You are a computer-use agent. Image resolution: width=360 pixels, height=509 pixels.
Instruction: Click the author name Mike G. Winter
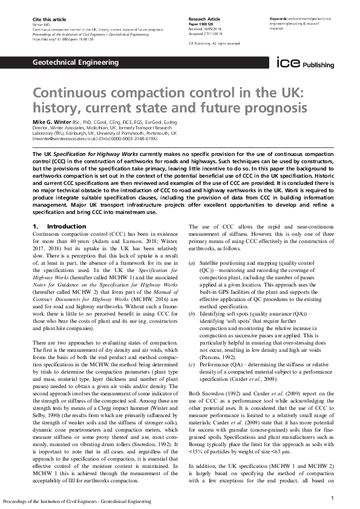click(x=55, y=122)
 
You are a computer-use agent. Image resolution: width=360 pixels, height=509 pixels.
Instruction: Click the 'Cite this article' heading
click(x=48, y=20)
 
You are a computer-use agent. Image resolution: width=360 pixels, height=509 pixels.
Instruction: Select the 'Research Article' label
click(x=205, y=20)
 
